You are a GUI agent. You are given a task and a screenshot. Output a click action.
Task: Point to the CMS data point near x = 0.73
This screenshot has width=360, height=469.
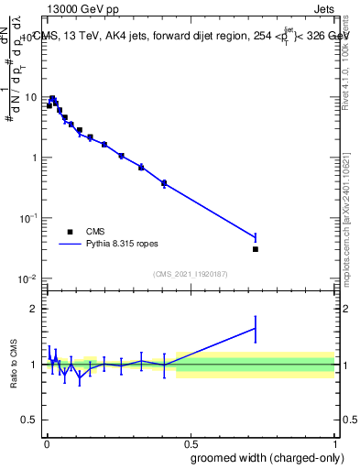tap(256, 249)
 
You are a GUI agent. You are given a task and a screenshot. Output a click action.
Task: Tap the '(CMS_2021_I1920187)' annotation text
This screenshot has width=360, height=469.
tap(190, 273)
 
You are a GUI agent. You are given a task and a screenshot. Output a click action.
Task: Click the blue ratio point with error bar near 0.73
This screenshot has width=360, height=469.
tap(256, 328)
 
